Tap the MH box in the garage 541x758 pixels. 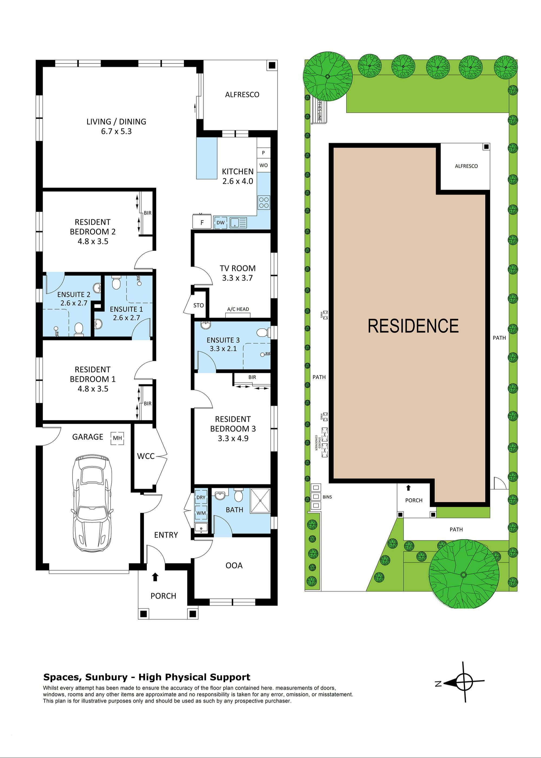(x=117, y=438)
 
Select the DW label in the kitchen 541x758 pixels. (x=220, y=222)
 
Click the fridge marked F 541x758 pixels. (x=202, y=222)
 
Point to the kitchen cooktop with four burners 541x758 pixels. (x=264, y=202)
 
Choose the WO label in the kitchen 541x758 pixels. (x=263, y=165)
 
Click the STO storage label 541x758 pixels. (x=199, y=305)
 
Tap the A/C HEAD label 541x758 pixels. (x=238, y=309)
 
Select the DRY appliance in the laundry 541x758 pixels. (x=201, y=497)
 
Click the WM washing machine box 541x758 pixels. (x=201, y=513)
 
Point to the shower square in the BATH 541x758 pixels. (x=260, y=501)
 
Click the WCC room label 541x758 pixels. (x=146, y=456)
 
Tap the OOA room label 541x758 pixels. (x=234, y=565)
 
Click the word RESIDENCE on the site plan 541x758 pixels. (x=413, y=326)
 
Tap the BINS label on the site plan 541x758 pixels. (x=327, y=497)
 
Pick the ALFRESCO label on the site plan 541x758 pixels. (x=466, y=166)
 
